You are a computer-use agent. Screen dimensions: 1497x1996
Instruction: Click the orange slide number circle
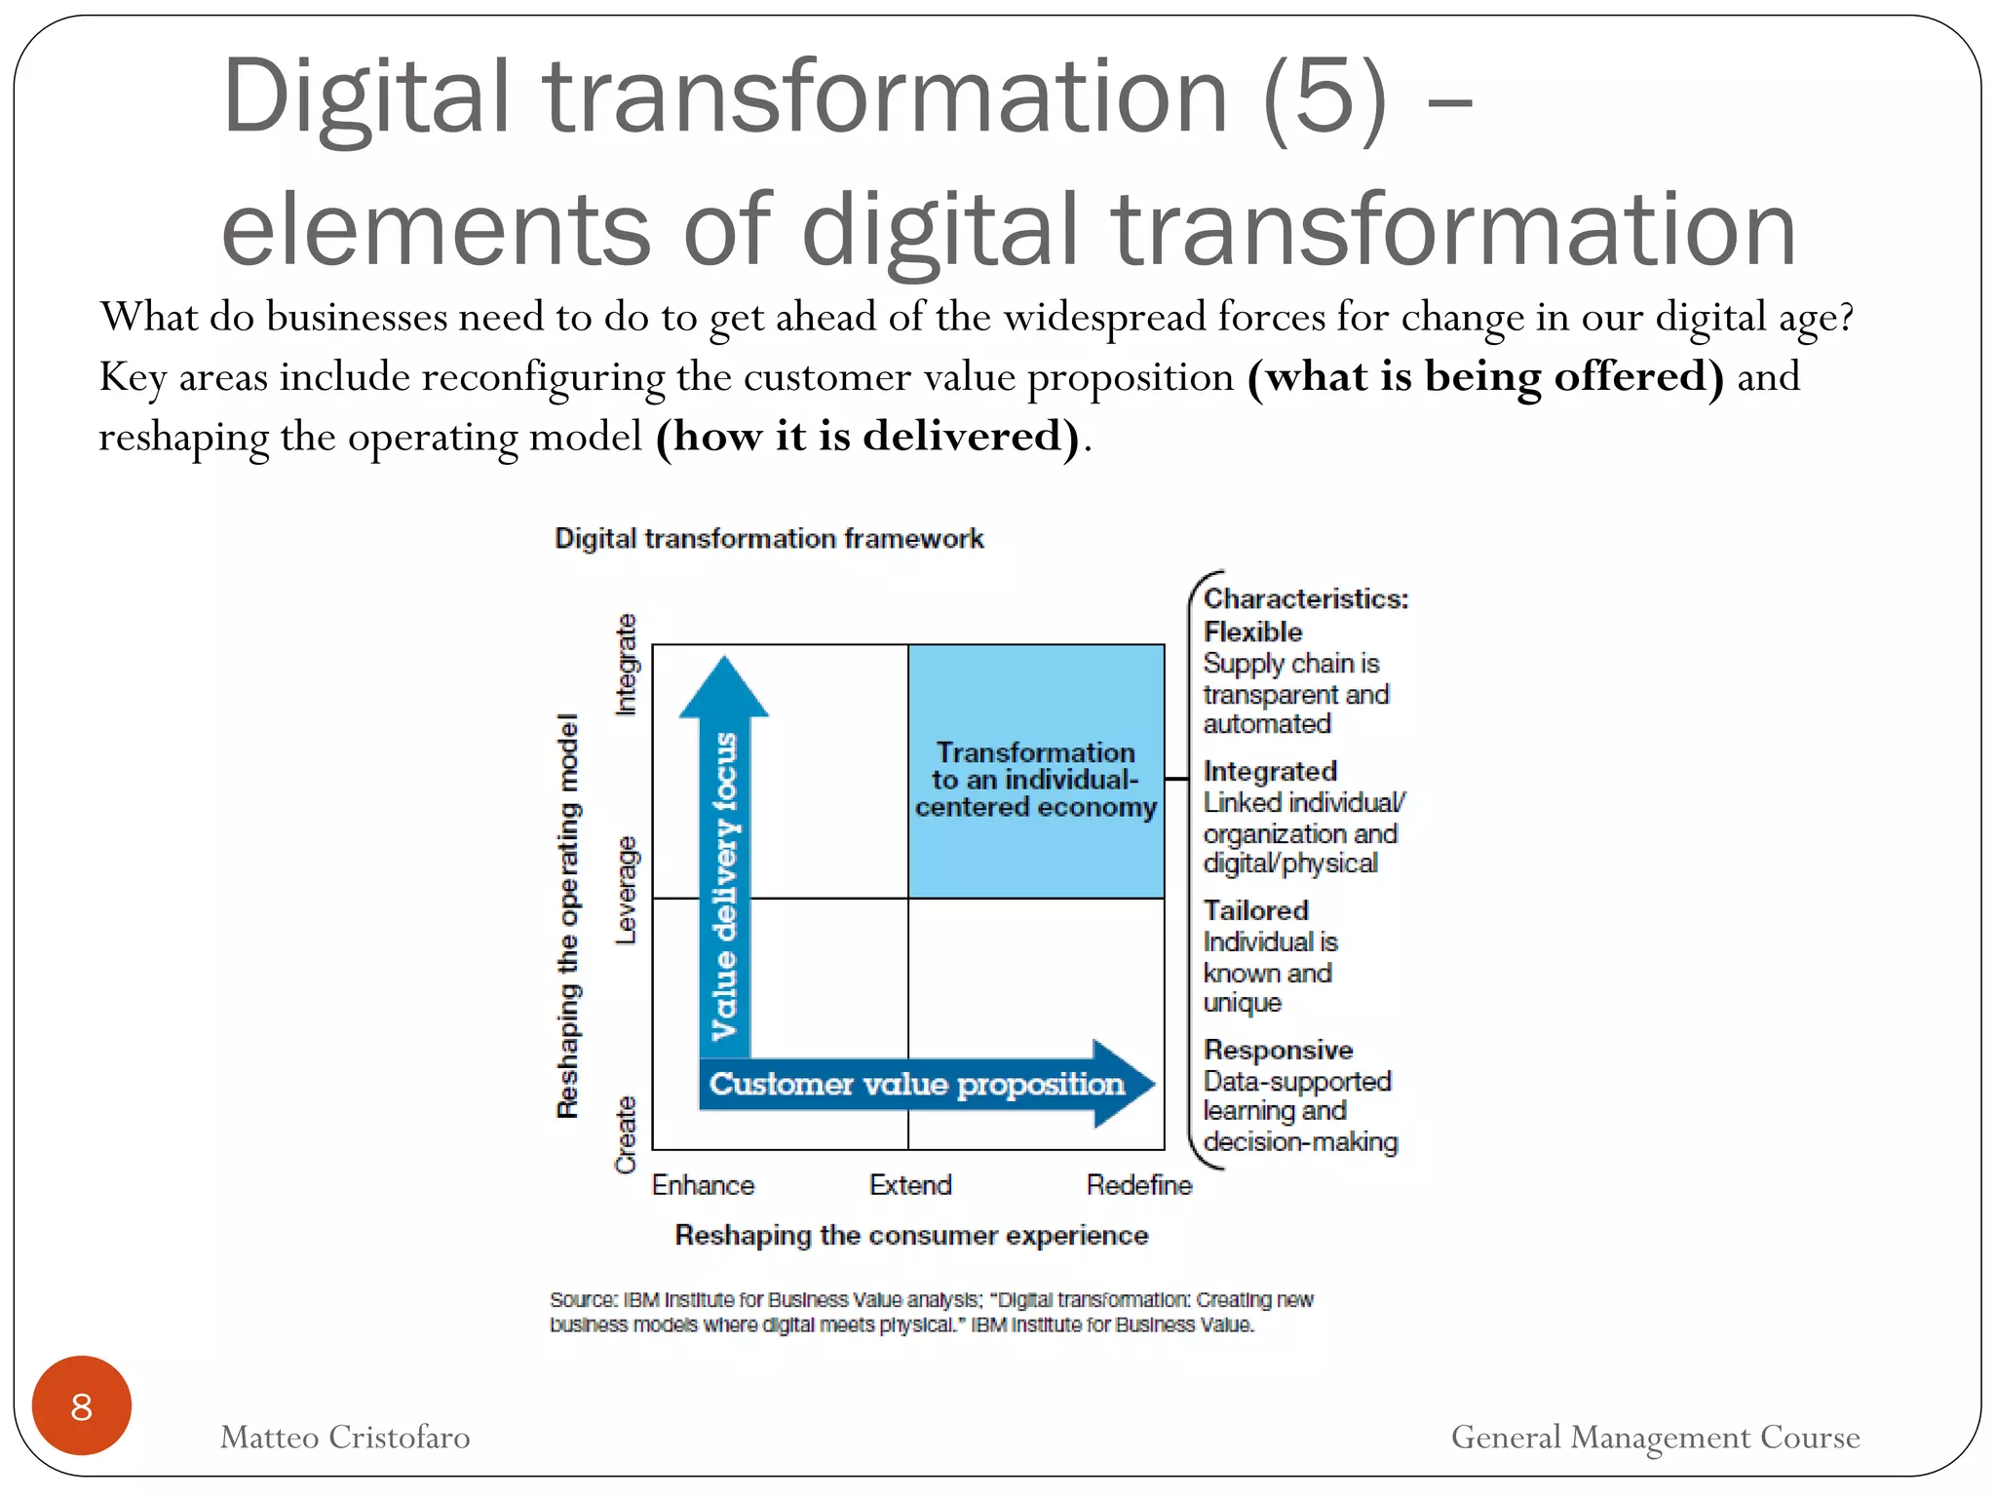(x=82, y=1405)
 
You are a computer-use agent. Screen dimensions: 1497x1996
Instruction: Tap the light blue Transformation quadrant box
(x=1035, y=770)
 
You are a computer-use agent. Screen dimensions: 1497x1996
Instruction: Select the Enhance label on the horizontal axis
(x=703, y=1185)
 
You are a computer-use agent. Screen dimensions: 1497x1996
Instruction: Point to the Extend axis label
(x=910, y=1185)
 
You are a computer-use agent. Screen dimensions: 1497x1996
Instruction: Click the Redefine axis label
(x=1138, y=1185)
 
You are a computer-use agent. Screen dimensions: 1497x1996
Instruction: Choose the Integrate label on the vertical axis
(x=626, y=665)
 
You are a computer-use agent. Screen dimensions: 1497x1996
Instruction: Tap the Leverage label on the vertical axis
(x=626, y=890)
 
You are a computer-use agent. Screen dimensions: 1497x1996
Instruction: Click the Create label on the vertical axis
(x=626, y=1134)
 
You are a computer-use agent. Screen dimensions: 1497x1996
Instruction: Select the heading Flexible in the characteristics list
(x=1252, y=632)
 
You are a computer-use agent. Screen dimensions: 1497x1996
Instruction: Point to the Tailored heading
(x=1255, y=910)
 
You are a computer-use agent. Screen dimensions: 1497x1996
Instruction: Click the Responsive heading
(x=1278, y=1050)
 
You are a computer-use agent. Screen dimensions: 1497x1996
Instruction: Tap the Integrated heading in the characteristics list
(x=1270, y=771)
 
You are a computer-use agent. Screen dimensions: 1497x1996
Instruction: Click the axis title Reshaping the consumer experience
(x=911, y=1235)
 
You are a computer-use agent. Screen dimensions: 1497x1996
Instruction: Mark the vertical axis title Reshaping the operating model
(x=567, y=915)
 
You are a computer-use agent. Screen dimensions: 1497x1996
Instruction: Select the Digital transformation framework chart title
(x=769, y=538)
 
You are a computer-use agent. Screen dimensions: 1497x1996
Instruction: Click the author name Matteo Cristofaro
(x=345, y=1437)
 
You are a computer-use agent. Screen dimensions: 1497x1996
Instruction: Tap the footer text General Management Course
(x=1655, y=1437)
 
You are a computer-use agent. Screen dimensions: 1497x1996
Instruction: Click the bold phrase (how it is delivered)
(x=867, y=436)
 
